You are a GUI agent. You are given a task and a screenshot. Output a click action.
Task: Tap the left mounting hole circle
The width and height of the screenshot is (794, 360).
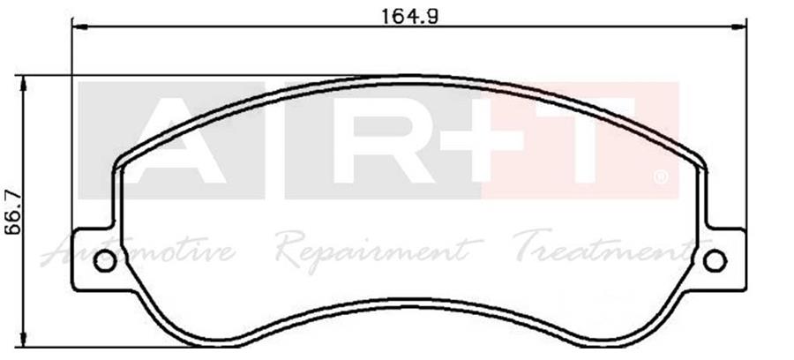coord(104,260)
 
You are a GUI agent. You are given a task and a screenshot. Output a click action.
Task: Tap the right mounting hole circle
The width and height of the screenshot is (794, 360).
coord(715,260)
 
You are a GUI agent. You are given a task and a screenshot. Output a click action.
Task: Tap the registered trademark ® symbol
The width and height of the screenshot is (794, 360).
coord(661,178)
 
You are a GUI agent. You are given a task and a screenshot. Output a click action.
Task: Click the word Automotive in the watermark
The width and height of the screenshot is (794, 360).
coord(141,251)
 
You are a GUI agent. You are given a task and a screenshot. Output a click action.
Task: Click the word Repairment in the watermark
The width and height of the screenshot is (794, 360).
coord(375,251)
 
